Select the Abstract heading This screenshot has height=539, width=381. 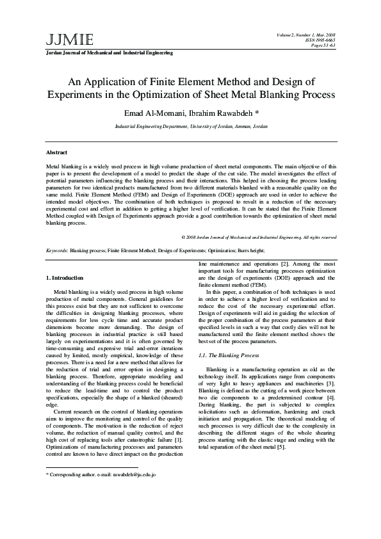(57, 153)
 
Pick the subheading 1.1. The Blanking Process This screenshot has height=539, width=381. (229, 355)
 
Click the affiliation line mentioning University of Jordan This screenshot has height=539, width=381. (191, 127)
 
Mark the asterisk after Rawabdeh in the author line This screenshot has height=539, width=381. (257, 113)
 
